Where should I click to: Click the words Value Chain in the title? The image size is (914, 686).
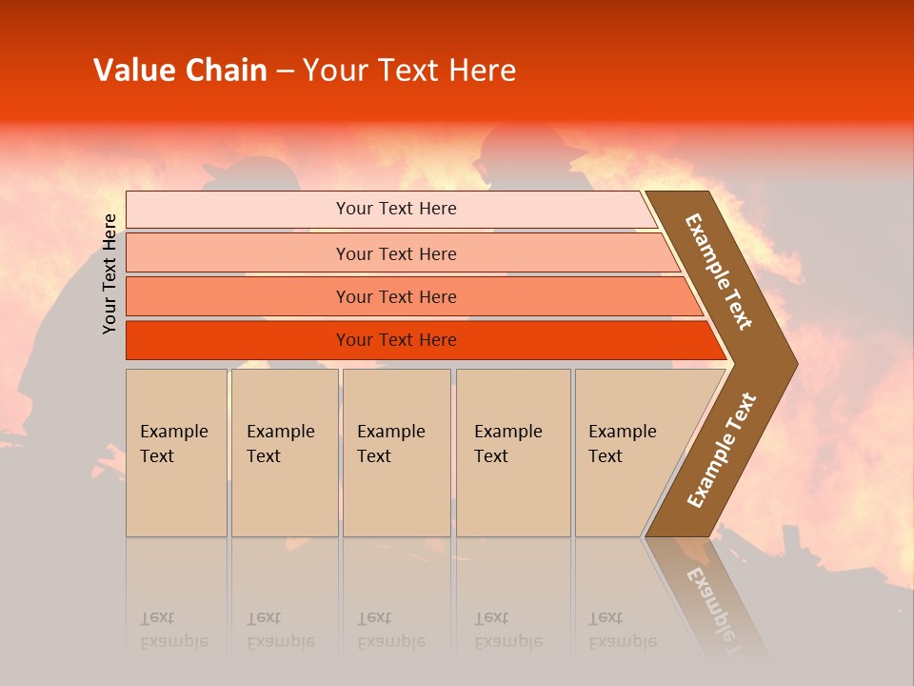[x=180, y=71]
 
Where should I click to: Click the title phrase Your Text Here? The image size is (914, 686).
[x=409, y=71]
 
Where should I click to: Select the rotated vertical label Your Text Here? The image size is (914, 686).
[x=110, y=274]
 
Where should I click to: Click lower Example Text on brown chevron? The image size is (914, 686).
[x=722, y=450]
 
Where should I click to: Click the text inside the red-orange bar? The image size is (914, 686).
[x=396, y=340]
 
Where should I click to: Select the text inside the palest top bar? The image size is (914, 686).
[x=396, y=209]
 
